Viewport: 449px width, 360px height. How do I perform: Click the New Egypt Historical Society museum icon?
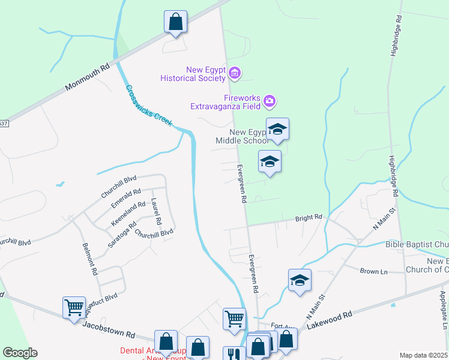click(x=235, y=74)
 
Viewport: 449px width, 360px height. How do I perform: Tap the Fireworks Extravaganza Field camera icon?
click(x=270, y=101)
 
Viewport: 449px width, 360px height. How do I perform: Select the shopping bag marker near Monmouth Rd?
click(x=176, y=22)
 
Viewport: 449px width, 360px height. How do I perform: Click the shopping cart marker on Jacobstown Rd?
click(x=74, y=308)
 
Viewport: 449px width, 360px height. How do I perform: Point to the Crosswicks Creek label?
click(x=149, y=106)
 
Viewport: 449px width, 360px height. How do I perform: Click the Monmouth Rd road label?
click(x=88, y=77)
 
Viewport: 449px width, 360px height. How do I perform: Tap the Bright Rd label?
click(x=309, y=218)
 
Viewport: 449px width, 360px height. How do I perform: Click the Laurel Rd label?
click(x=157, y=212)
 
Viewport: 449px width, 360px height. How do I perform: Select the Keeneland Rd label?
click(x=128, y=214)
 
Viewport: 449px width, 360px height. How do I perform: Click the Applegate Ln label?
click(x=444, y=310)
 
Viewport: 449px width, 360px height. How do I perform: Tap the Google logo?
click(x=20, y=353)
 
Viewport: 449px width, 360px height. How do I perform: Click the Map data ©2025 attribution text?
click(x=423, y=355)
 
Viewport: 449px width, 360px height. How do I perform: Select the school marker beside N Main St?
click(x=300, y=280)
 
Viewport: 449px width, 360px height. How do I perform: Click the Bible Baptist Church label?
click(x=417, y=244)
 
